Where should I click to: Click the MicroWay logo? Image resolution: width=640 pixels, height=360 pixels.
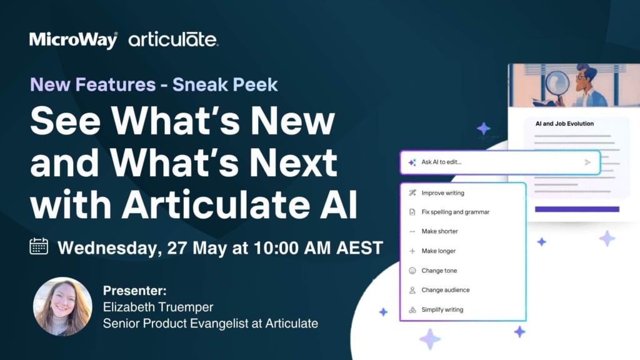(74, 40)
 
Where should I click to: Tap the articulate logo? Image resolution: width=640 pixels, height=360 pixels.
(174, 39)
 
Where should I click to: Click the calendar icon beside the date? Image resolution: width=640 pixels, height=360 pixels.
(39, 246)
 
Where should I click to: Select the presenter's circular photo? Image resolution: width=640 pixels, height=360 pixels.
(62, 306)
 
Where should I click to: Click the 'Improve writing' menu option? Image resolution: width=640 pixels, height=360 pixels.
(443, 193)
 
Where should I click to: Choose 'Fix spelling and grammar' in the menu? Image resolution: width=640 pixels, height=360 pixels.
(456, 212)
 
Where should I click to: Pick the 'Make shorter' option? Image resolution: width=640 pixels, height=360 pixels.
(439, 231)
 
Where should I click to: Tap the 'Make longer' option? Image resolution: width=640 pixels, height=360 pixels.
(438, 251)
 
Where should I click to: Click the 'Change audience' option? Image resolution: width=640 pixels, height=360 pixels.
(445, 290)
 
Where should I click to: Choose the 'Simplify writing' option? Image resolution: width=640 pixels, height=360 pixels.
(442, 310)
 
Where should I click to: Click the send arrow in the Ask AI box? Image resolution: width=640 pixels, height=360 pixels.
(587, 162)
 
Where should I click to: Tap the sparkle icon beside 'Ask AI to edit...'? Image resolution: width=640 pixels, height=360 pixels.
(412, 162)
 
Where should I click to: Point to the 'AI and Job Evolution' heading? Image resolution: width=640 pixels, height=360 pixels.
(564, 124)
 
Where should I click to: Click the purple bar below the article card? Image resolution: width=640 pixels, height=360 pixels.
(577, 209)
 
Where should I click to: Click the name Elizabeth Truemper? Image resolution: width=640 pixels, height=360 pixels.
(158, 307)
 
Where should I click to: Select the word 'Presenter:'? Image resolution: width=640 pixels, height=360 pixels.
(135, 291)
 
